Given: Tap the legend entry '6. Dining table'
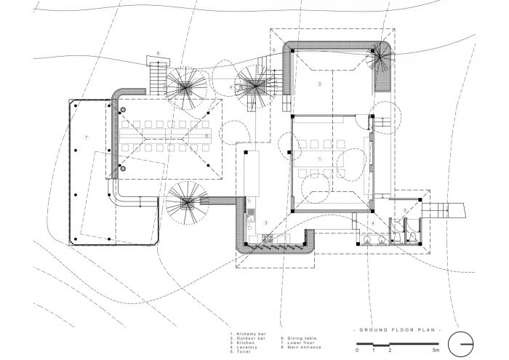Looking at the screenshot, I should (295, 337).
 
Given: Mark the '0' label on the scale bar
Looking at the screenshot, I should (357, 351).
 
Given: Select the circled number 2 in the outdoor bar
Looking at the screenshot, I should (318, 84).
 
